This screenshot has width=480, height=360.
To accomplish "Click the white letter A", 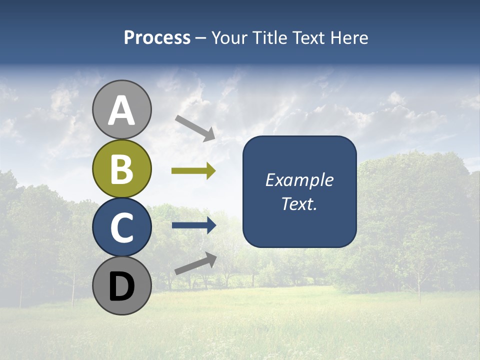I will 122,111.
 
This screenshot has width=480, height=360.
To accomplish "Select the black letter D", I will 122,286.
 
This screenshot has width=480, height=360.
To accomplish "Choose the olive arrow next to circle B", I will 193,171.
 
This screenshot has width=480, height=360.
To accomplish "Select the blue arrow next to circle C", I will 194,225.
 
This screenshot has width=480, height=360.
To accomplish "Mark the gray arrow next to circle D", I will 195,263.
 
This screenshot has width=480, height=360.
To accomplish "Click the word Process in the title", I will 157,37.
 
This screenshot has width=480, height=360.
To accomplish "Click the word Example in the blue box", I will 299,180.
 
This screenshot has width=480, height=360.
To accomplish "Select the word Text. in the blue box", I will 299,203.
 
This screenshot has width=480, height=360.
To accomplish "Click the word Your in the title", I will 229,37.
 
